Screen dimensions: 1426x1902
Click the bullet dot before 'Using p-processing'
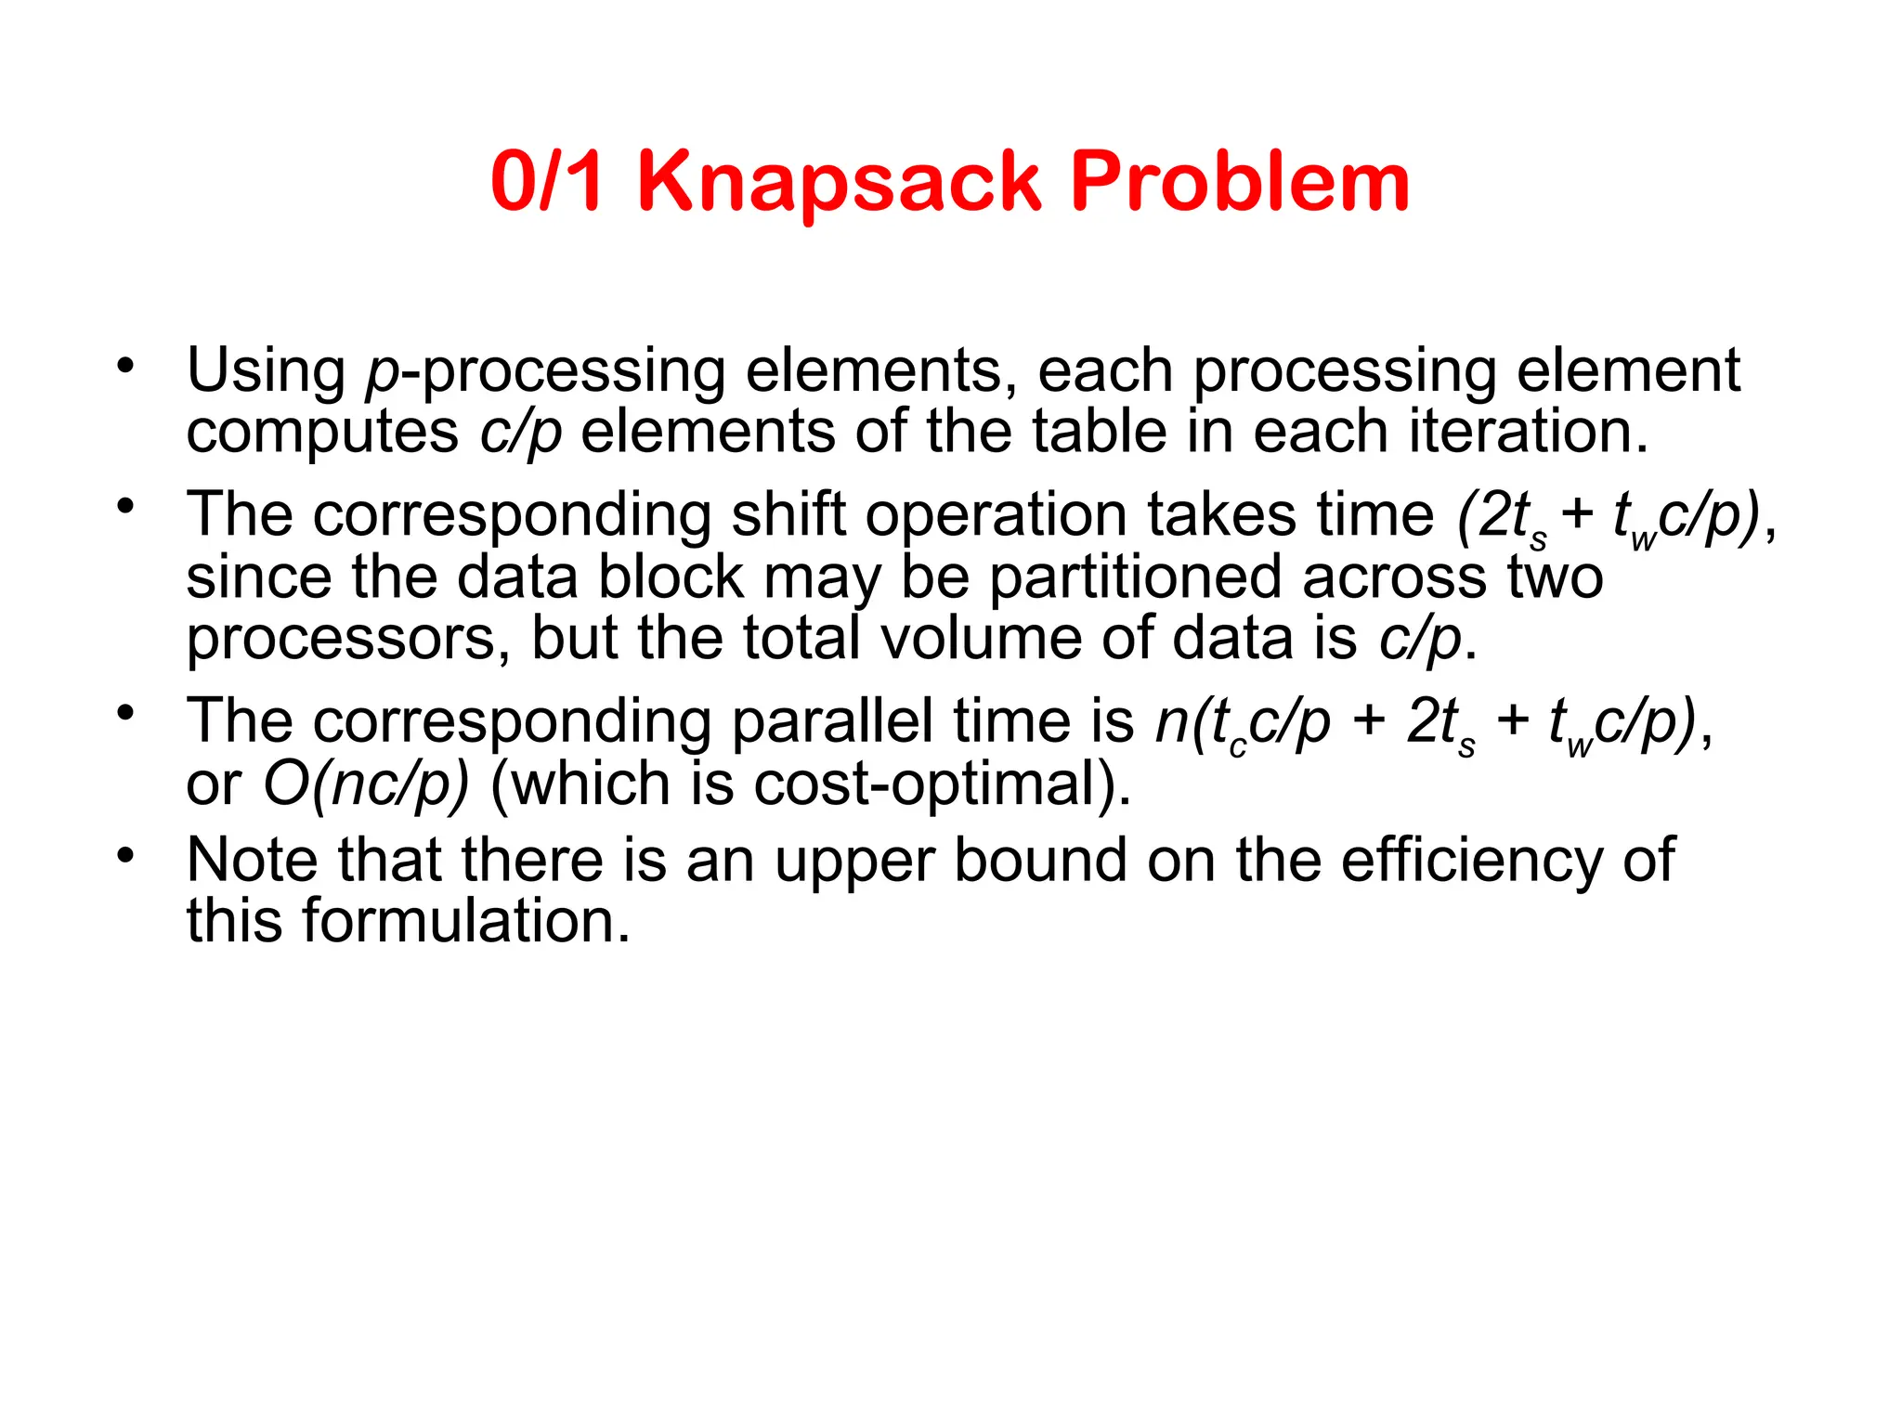(125, 365)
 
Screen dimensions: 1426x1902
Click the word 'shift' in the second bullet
(788, 515)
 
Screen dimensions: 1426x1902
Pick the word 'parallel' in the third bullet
(832, 721)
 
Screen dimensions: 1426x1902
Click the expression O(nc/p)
(366, 784)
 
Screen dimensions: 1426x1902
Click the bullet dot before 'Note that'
(125, 853)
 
